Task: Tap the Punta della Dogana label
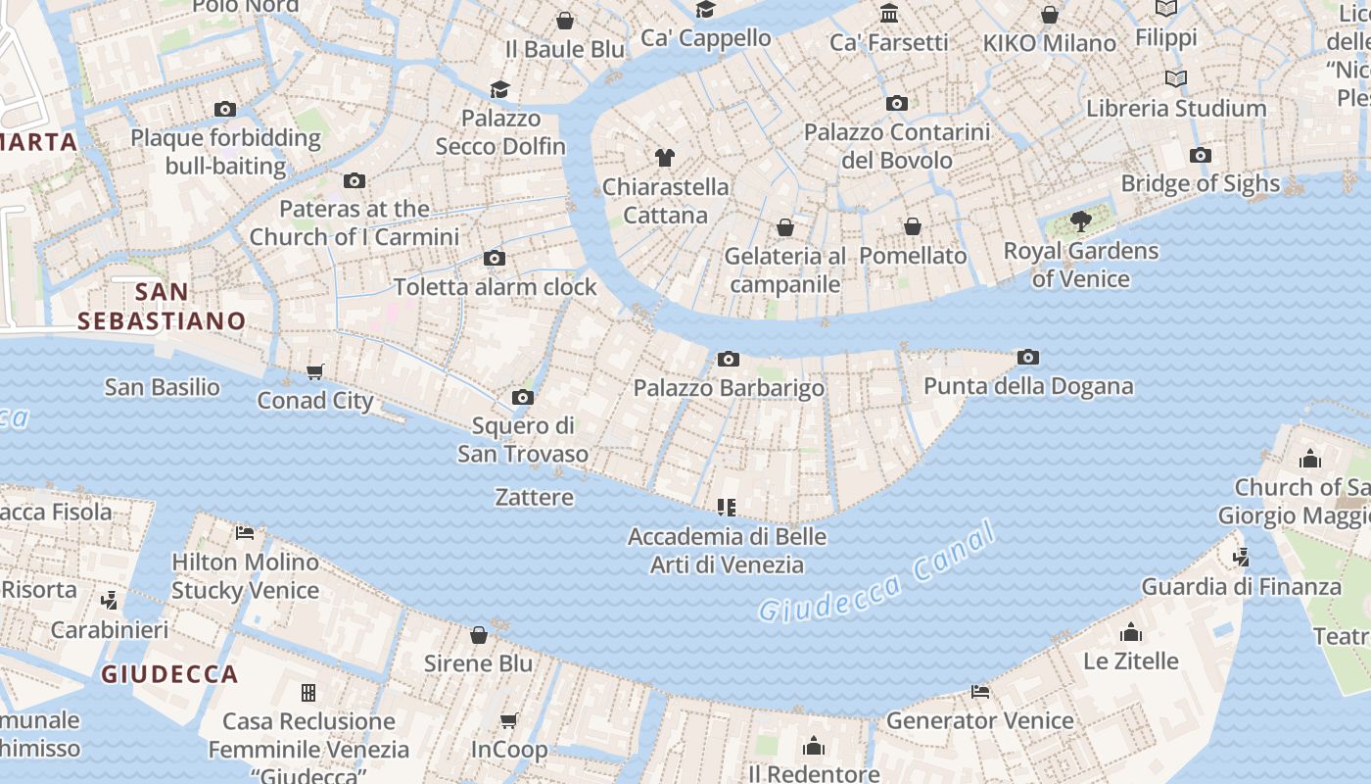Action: pos(1028,386)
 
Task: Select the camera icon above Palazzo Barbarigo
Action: pos(728,359)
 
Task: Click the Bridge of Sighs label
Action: pos(1200,183)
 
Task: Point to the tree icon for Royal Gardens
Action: pos(1081,220)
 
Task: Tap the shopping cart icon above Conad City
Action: pos(314,371)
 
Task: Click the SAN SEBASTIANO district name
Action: pos(162,306)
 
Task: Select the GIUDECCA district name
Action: pos(169,674)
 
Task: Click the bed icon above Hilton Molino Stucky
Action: pos(245,533)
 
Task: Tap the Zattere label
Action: pos(535,497)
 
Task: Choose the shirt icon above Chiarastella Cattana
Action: pos(665,157)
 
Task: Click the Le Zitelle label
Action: pos(1130,661)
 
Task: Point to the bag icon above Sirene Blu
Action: pos(479,635)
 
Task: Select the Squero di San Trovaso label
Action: pos(523,440)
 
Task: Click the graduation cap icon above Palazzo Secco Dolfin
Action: pos(500,89)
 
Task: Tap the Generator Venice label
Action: pos(979,721)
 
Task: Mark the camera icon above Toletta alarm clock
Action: pos(495,258)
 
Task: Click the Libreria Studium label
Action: pos(1176,108)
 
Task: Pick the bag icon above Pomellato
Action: pos(913,226)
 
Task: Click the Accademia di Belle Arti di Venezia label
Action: pos(727,551)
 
